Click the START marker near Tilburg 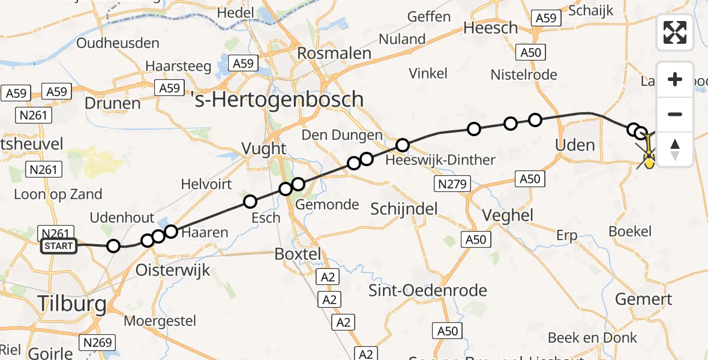pyautogui.click(x=59, y=246)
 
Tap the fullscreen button pyautogui.click(x=675, y=32)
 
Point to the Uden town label pyautogui.click(x=575, y=145)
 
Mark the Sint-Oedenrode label pyautogui.click(x=427, y=291)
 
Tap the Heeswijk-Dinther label pyautogui.click(x=440, y=160)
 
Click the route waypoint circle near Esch pyautogui.click(x=250, y=202)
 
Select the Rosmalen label pyautogui.click(x=334, y=53)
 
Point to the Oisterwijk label pyautogui.click(x=173, y=269)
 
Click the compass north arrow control pyautogui.click(x=675, y=149)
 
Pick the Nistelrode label pyautogui.click(x=524, y=75)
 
